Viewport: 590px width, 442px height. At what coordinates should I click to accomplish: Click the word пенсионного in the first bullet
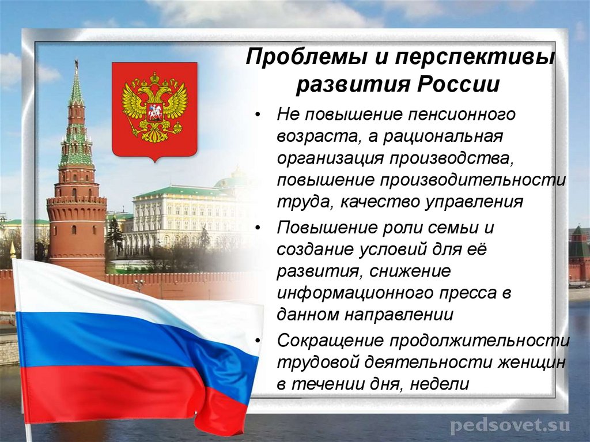coord(454,114)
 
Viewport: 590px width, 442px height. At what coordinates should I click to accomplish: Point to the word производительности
coord(472,180)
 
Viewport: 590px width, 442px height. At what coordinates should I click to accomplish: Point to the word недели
coord(440,384)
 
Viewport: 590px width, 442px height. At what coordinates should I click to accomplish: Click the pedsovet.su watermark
coord(509,426)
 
